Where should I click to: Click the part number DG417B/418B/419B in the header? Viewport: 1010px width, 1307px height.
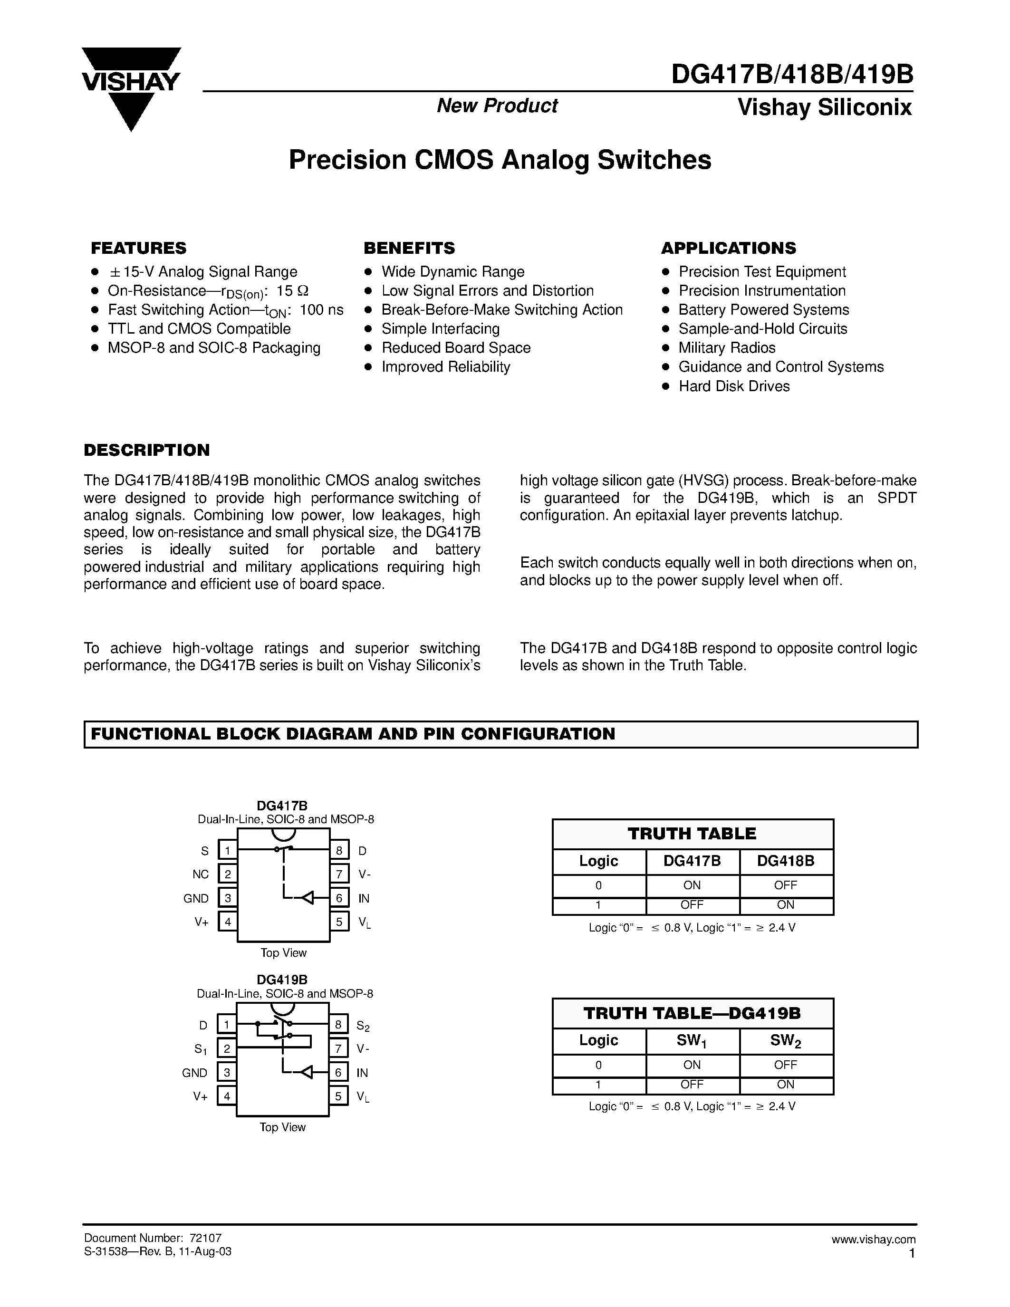792,76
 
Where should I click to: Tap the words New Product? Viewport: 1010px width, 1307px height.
497,106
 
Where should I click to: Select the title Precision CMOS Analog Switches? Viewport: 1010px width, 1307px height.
500,160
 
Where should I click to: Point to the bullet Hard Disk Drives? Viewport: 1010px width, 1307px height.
733,386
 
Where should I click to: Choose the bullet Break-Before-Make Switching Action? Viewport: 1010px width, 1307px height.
501,309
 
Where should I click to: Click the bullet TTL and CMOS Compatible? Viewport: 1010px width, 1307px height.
199,328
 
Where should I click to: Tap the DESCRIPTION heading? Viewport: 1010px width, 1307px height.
146,450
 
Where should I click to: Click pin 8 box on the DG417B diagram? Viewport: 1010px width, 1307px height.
339,850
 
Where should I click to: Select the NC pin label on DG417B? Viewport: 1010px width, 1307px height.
201,875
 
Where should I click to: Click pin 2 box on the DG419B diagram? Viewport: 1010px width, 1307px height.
227,1049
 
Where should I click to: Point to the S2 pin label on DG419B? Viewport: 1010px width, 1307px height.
363,1026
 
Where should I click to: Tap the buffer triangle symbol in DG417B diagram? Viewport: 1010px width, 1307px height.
307,898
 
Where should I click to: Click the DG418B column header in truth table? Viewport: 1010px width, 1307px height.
785,861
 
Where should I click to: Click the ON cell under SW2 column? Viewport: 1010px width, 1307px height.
785,1085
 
